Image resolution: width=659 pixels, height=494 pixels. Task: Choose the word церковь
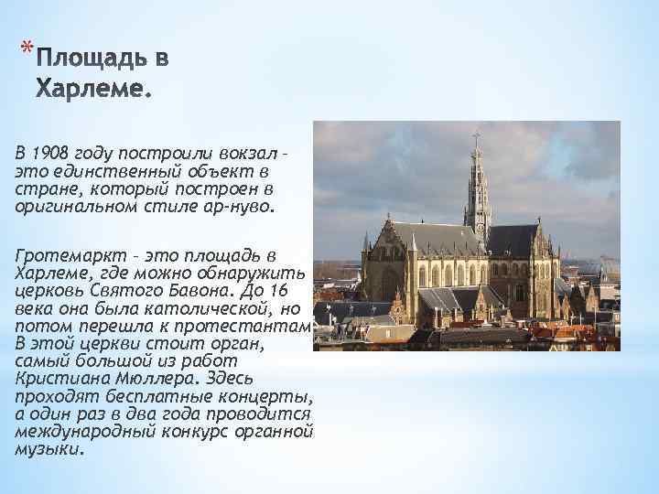point(47,288)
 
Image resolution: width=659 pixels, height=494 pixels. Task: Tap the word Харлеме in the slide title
point(92,90)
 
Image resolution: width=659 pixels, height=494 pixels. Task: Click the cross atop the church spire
point(476,137)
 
